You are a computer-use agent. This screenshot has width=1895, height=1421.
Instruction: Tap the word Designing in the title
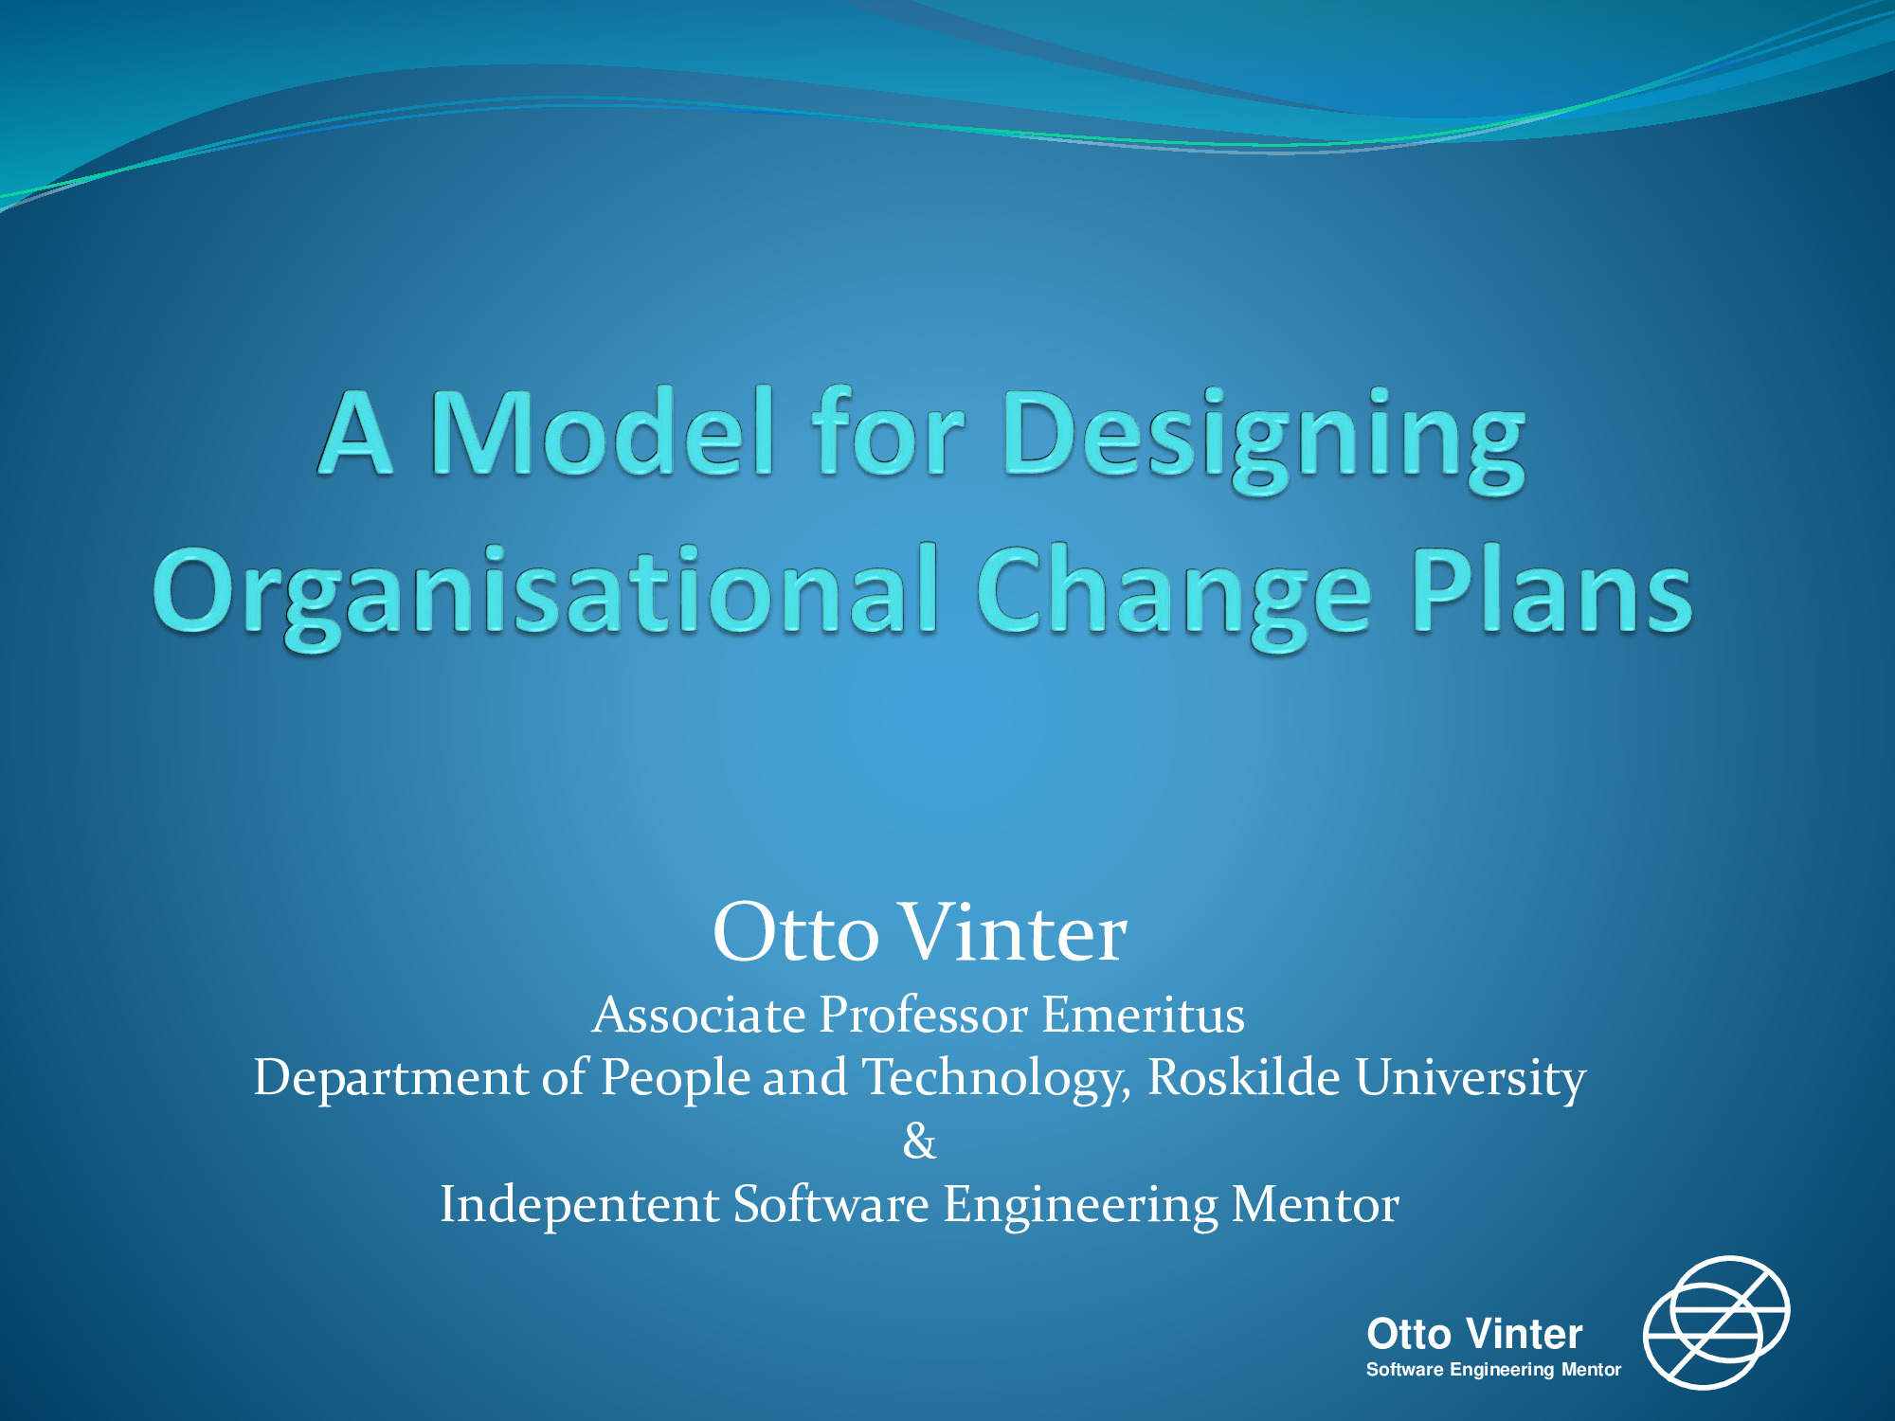pos(1264,441)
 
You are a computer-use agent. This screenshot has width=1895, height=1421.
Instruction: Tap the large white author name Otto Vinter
pos(919,932)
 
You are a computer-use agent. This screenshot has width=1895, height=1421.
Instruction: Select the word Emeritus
pos(1143,1015)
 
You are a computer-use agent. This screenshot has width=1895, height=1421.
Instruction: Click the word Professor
pos(923,1015)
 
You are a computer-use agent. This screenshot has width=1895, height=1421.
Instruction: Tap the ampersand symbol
pos(919,1142)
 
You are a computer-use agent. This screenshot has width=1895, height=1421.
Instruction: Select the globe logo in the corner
pos(1716,1322)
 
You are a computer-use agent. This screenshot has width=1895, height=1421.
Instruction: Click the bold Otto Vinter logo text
pos(1474,1334)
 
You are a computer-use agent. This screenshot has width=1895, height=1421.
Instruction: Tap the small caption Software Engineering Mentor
pos(1493,1370)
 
